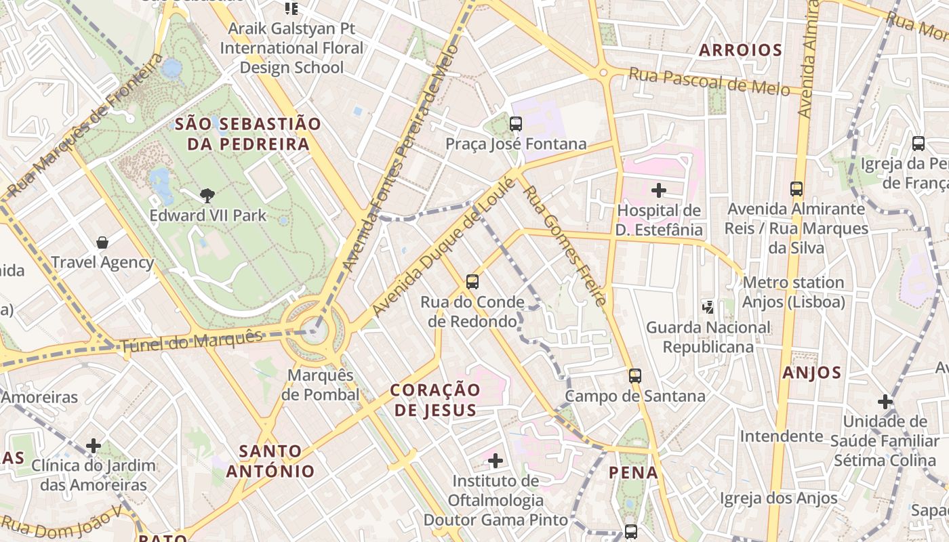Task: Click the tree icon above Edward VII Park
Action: (207, 196)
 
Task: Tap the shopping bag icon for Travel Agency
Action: (102, 243)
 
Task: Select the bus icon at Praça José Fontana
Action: (516, 123)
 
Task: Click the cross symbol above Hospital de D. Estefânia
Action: (658, 190)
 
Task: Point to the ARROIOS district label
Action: (740, 50)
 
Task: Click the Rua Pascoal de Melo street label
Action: (709, 81)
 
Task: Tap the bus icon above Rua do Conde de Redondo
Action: (472, 281)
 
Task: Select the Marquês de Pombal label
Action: (321, 385)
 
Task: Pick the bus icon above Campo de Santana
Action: (635, 375)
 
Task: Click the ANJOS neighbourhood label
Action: (811, 373)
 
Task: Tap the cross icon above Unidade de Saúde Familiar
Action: (885, 401)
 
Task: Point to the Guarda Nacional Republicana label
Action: (708, 337)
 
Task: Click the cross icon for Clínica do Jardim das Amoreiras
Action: (94, 446)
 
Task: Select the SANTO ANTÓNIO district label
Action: (270, 461)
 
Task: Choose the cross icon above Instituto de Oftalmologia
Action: (496, 461)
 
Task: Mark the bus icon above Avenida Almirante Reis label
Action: (796, 189)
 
